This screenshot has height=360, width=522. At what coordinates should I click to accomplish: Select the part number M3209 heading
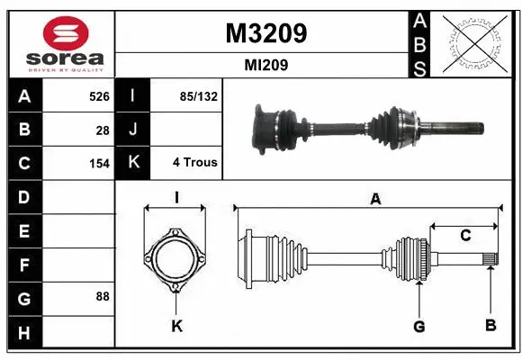click(265, 33)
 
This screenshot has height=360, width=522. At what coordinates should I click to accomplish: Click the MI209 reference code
click(265, 66)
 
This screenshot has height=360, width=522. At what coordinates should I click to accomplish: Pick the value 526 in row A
click(98, 95)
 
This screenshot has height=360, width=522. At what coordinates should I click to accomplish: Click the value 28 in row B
click(103, 130)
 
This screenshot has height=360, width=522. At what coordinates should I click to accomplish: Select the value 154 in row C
click(98, 164)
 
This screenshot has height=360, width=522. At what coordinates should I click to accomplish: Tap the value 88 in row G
click(102, 296)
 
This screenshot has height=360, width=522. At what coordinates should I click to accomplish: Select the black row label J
click(133, 130)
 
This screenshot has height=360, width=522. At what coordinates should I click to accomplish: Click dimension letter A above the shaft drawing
click(375, 200)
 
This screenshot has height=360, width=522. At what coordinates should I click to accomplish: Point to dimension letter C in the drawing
click(465, 236)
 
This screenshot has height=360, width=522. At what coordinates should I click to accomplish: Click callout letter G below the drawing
click(418, 325)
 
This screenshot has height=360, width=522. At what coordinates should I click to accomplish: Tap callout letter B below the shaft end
click(490, 325)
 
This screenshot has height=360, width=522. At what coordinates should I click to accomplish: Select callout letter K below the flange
click(176, 326)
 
